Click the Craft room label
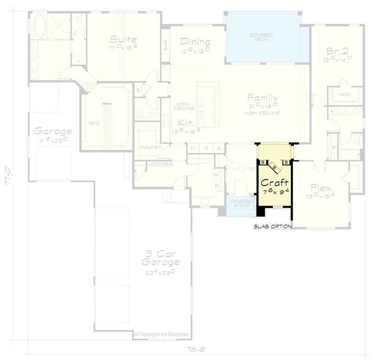pyautogui.click(x=275, y=183)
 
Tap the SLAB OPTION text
pyautogui.click(x=273, y=227)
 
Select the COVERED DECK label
pyautogui.click(x=261, y=37)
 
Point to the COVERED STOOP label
pyautogui.click(x=242, y=203)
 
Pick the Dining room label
pyautogui.click(x=195, y=41)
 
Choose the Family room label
pyautogui.click(x=262, y=98)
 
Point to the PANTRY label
pyautogui.click(x=150, y=148)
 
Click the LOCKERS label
pyautogui.click(x=160, y=164)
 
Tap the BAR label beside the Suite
pyautogui.click(x=166, y=45)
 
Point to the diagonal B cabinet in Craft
pyautogui.click(x=275, y=164)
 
